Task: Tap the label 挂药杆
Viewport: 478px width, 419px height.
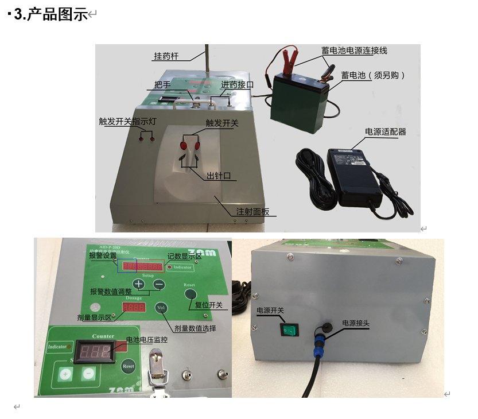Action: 166,56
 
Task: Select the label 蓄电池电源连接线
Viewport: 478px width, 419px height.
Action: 354,51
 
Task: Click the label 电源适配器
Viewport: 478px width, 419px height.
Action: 385,131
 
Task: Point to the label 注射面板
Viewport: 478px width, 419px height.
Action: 252,212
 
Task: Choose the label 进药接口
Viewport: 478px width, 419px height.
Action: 238,84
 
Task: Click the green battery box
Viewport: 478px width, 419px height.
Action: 299,103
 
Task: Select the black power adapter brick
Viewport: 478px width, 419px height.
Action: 352,176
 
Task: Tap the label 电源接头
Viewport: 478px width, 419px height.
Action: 356,323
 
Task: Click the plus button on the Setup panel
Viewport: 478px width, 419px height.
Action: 138,284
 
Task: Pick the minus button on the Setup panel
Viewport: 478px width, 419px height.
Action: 159,284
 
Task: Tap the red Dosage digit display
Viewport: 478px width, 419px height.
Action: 134,308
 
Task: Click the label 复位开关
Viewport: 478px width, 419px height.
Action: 209,305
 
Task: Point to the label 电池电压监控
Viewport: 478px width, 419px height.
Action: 147,340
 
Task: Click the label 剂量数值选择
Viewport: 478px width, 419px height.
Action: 195,329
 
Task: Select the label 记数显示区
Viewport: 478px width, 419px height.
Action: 185,257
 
